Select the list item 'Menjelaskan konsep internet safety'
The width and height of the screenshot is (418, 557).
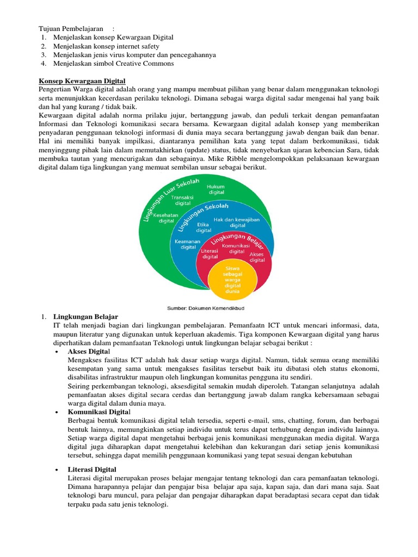coord(106,46)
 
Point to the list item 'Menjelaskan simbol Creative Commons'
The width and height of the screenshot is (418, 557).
coord(113,64)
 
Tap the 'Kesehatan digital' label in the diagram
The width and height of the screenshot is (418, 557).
coord(166,218)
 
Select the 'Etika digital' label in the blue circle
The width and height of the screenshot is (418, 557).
coord(204,227)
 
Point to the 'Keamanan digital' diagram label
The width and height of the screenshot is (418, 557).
coord(187,244)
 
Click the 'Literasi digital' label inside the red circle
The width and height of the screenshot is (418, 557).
coord(210,253)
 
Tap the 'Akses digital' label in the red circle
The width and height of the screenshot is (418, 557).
coord(257,257)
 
